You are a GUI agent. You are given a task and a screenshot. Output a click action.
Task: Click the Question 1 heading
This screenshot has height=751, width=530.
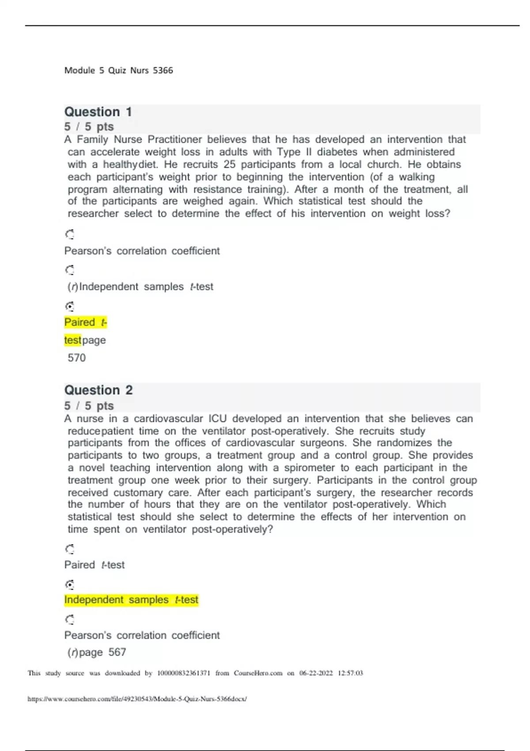pyautogui.click(x=98, y=112)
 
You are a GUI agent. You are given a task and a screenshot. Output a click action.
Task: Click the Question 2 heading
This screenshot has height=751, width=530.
pyautogui.click(x=98, y=390)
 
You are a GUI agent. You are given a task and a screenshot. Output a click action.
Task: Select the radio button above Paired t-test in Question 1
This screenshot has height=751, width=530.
pyautogui.click(x=70, y=306)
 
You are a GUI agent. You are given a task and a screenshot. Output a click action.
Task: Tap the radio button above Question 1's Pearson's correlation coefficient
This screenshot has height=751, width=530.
pyautogui.click(x=70, y=234)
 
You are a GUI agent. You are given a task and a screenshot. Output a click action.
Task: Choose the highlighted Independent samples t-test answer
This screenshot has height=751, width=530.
pyautogui.click(x=131, y=600)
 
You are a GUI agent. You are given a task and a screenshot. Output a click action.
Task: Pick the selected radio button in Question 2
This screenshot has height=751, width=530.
pyautogui.click(x=70, y=585)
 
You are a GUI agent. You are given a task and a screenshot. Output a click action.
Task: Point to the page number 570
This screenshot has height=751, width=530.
pyautogui.click(x=76, y=358)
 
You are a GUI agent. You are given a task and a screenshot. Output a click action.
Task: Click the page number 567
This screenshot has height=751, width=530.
pyautogui.click(x=117, y=652)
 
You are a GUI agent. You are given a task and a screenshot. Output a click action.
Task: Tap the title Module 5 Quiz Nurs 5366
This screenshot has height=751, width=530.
pyautogui.click(x=118, y=70)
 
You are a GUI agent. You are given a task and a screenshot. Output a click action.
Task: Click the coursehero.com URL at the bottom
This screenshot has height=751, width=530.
pyautogui.click(x=137, y=699)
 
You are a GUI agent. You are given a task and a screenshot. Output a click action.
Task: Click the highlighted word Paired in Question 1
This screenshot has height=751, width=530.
pyautogui.click(x=79, y=322)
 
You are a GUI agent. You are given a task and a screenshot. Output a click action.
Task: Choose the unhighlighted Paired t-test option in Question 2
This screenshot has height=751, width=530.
pyautogui.click(x=95, y=565)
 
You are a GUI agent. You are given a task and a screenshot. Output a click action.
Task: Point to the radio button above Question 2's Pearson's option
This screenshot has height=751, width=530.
pyautogui.click(x=70, y=620)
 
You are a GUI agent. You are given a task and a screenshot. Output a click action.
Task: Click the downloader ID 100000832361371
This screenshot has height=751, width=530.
pyautogui.click(x=183, y=673)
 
